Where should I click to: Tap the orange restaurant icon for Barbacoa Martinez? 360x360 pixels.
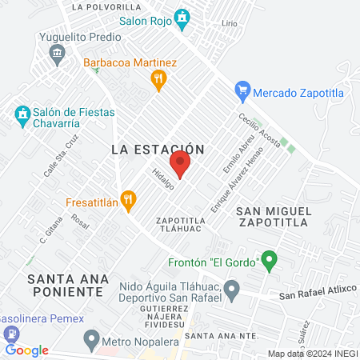pyautogui.click(x=158, y=78)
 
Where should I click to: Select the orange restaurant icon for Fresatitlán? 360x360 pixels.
pyautogui.click(x=127, y=198)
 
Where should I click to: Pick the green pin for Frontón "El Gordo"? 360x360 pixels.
pyautogui.click(x=270, y=260)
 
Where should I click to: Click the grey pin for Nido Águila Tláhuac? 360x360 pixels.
pyautogui.click(x=232, y=289)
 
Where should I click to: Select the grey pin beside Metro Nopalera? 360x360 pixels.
pyautogui.click(x=92, y=339)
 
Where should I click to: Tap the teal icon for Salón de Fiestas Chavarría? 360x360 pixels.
pyautogui.click(x=21, y=116)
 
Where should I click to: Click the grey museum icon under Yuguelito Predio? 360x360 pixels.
pyautogui.click(x=57, y=55)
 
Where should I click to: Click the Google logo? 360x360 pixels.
pyautogui.click(x=26, y=350)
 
